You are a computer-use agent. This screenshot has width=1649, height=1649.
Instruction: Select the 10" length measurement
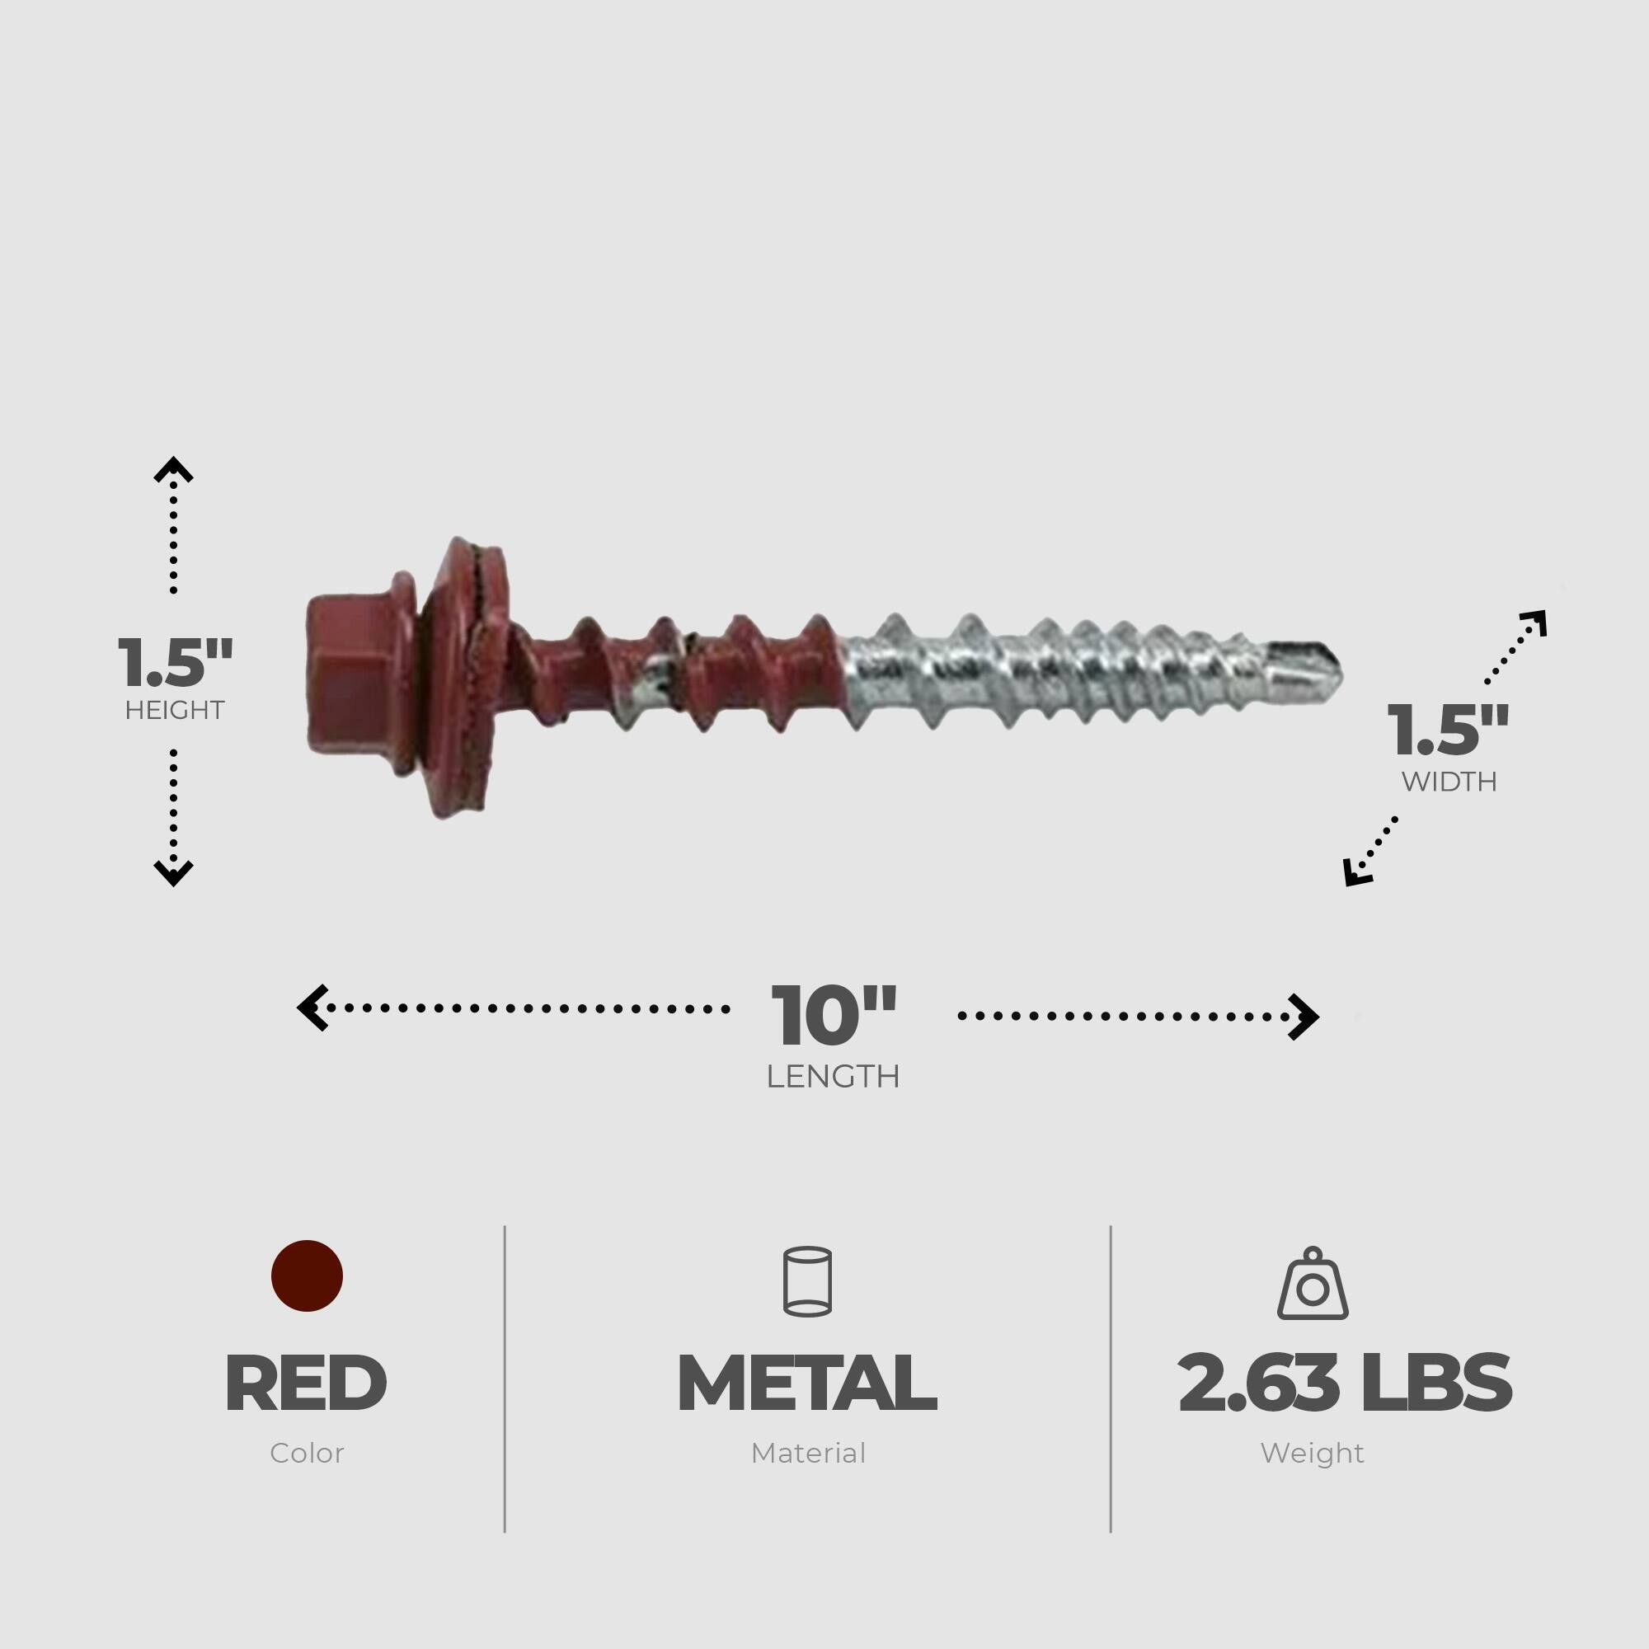tap(834, 1017)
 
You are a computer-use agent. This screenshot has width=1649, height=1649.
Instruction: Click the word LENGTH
tap(833, 1077)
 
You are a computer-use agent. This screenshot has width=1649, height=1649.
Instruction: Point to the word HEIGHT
tap(174, 710)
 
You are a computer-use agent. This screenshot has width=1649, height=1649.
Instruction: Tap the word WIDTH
tap(1449, 782)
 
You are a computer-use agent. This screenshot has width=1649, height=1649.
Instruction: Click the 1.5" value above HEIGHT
tap(174, 664)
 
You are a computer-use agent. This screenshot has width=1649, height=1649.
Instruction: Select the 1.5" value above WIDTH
tap(1448, 731)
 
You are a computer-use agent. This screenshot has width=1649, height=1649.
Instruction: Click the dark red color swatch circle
tap(307, 1276)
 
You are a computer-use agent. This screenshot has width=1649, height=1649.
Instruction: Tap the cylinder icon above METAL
tap(806, 1281)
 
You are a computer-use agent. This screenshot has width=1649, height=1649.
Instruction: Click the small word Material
tap(807, 1454)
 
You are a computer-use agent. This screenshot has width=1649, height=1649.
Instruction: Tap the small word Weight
tap(1312, 1454)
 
